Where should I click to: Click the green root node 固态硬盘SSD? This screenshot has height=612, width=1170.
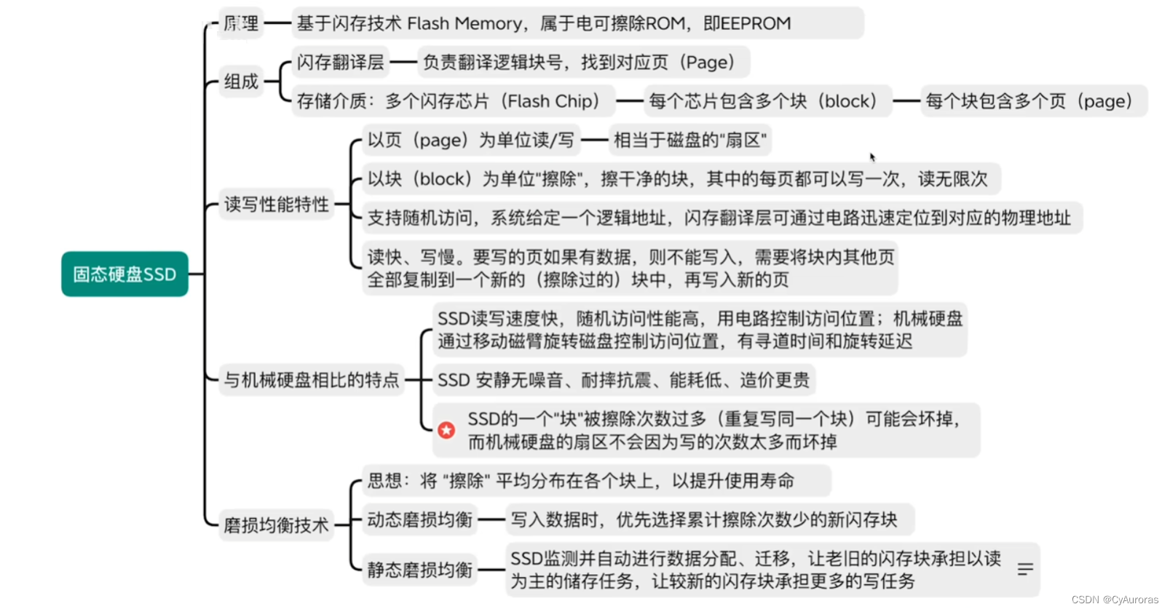124,274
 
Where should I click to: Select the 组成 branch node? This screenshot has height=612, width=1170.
241,82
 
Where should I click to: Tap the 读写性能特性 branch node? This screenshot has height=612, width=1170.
276,204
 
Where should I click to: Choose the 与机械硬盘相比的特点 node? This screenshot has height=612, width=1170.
312,380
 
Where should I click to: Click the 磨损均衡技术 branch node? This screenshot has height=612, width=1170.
276,525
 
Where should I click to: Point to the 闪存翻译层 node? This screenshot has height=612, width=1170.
340,63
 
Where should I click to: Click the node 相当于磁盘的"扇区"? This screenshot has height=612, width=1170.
689,140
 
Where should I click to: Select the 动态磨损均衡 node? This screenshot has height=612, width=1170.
420,520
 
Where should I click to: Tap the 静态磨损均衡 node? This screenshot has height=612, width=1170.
420,570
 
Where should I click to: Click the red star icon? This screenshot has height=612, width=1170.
446,430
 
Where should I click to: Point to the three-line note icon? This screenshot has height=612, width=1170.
1025,569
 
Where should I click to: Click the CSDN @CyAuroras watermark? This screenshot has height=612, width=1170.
1115,600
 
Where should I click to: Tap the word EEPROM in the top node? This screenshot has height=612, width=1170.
755,24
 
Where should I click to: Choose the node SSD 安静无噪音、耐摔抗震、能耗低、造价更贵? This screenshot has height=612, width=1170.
623,380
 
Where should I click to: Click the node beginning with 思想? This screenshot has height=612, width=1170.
580,481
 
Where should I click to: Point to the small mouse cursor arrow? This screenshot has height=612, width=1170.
871,156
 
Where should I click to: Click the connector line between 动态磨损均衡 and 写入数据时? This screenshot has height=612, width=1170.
491,520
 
